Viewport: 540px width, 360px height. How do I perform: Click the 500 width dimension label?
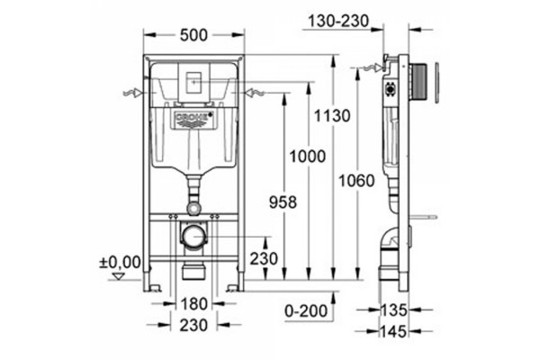click(x=193, y=35)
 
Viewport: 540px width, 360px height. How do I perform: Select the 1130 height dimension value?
click(x=332, y=116)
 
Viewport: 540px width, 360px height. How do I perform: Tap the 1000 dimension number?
click(x=307, y=157)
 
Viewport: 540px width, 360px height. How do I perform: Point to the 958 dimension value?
click(x=283, y=202)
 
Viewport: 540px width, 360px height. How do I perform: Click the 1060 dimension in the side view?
click(x=356, y=181)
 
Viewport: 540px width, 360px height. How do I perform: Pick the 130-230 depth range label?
click(x=338, y=21)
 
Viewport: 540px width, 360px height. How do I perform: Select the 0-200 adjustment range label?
click(x=306, y=311)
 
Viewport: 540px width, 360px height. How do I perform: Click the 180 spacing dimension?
click(x=193, y=304)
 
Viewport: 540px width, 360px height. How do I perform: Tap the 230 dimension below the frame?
click(x=193, y=325)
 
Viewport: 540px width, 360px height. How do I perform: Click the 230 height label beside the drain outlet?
click(x=264, y=258)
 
